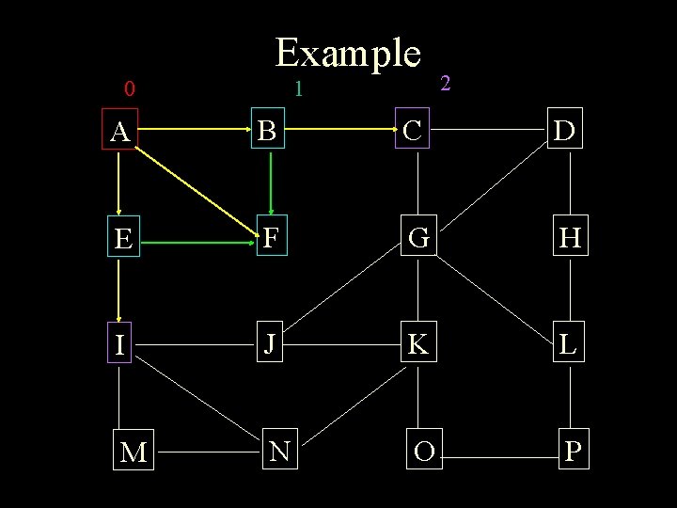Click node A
click(x=119, y=133)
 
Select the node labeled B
click(x=268, y=133)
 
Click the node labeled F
click(x=270, y=238)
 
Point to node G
click(x=418, y=239)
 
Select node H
click(x=568, y=239)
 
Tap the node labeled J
click(x=270, y=344)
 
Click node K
click(x=418, y=344)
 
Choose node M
click(x=133, y=452)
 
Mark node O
click(x=423, y=452)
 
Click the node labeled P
click(x=572, y=452)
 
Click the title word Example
click(x=347, y=54)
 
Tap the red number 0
click(x=130, y=90)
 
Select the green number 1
click(x=297, y=90)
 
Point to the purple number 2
click(x=446, y=84)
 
